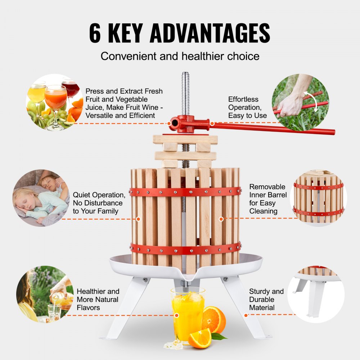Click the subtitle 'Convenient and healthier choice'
(x=180, y=56)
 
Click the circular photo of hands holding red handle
(x=300, y=102)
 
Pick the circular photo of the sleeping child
(x=41, y=198)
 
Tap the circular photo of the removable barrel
(x=318, y=198)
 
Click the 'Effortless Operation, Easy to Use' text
(x=247, y=107)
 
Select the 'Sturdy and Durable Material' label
(x=266, y=300)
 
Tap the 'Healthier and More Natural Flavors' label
(x=98, y=300)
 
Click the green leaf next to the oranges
(x=219, y=337)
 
